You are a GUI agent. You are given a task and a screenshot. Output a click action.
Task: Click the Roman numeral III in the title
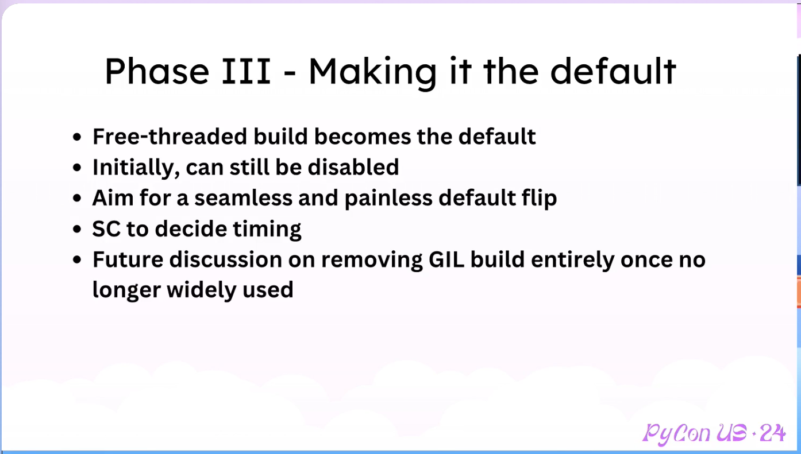click(246, 71)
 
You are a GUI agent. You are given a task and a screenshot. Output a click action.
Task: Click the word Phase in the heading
click(157, 71)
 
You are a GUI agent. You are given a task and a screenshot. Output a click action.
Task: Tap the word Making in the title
click(372, 73)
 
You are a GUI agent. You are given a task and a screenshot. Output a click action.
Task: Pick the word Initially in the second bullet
click(136, 168)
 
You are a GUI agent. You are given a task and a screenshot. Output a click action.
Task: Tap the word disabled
click(353, 167)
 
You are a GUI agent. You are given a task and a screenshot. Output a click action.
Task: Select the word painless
click(388, 197)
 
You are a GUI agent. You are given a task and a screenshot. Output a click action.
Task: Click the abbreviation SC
click(106, 228)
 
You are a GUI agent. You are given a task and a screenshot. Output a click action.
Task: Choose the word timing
click(267, 230)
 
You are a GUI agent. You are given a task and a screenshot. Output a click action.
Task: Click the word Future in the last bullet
click(128, 259)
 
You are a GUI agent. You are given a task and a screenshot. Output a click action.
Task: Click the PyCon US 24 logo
click(714, 434)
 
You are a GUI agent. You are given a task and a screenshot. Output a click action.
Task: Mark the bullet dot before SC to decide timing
click(77, 229)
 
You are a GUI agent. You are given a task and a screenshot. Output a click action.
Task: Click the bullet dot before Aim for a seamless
click(77, 198)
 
